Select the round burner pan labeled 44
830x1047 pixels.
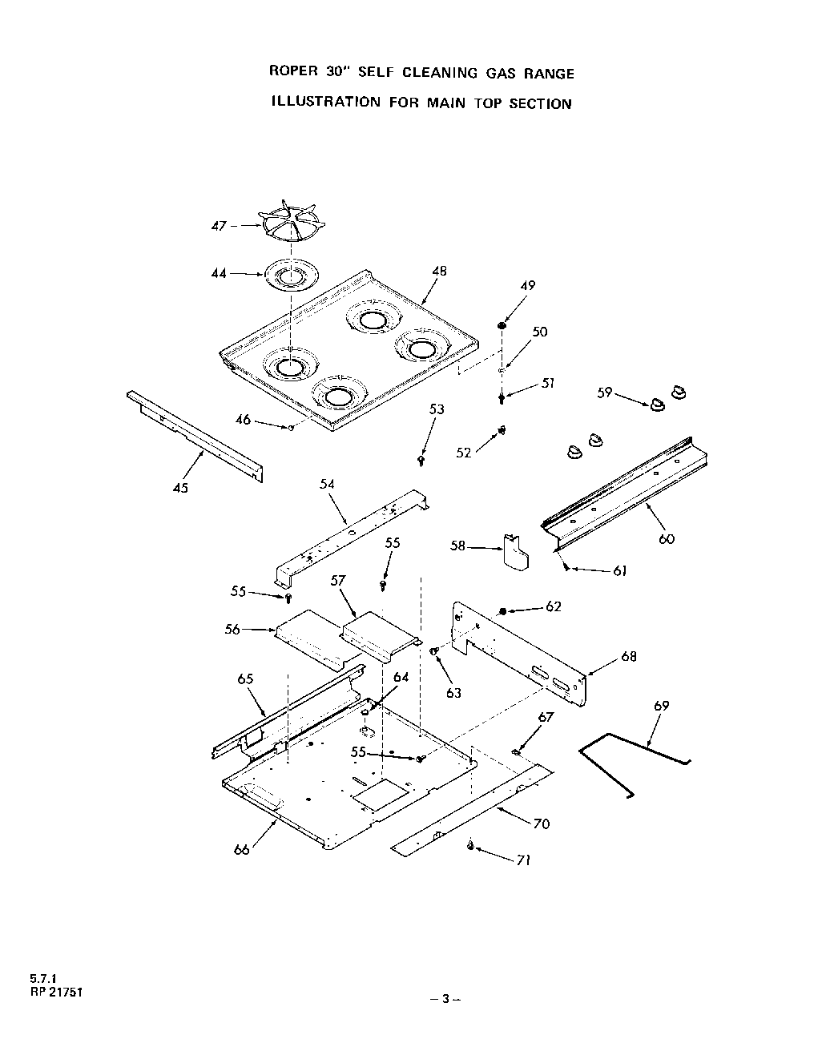[288, 275]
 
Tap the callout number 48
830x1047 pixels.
[438, 271]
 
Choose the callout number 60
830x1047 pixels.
[667, 538]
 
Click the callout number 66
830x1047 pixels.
[242, 849]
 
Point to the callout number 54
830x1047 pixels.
[327, 484]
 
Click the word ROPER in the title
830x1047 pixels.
[293, 73]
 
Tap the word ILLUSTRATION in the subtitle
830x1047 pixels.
[324, 103]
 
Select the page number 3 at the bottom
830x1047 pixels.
[447, 999]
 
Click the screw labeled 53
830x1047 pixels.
[421, 461]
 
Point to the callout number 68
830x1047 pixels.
[629, 657]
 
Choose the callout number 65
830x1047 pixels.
[245, 679]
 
